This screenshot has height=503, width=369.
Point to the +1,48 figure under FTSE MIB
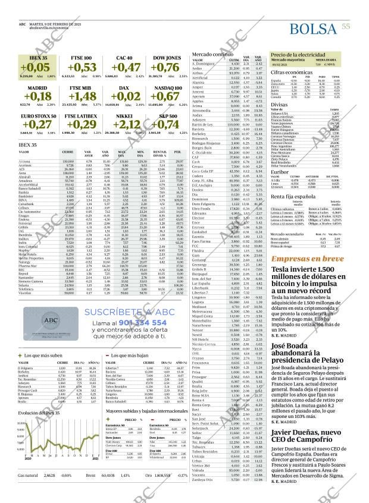(x=82, y=96)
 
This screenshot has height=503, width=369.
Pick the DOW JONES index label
(x=167, y=58)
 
